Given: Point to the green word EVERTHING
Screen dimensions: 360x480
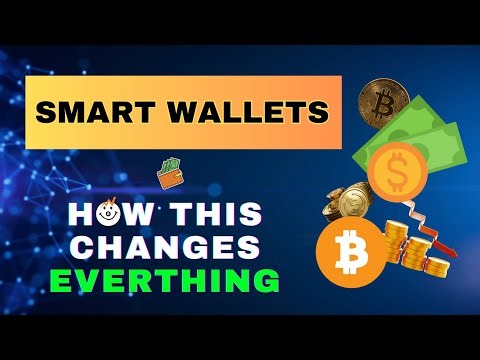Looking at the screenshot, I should click(165, 278).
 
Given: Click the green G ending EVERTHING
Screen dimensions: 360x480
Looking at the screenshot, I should click(266, 278).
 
